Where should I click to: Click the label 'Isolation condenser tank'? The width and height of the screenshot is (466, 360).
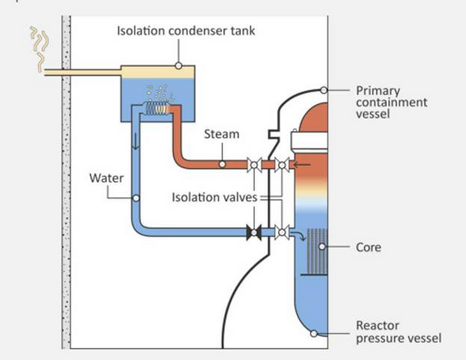coord(185,30)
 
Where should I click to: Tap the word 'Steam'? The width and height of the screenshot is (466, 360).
coord(221,134)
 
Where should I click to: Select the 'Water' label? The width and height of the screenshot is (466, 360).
coord(106,178)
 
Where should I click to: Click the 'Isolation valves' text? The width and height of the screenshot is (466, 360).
coord(214,197)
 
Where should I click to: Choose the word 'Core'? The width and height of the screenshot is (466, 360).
coord(368,247)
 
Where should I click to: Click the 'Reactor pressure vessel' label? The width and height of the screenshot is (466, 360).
coord(398,332)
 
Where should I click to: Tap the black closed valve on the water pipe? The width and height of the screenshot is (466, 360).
coord(254,232)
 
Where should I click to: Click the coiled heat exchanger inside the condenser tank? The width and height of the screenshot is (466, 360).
coord(156,108)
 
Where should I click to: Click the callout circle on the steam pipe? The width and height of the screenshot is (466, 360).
coord(222,164)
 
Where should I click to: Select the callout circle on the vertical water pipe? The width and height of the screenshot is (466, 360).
coord(135,198)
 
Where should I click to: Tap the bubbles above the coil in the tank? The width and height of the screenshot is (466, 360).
coord(159,92)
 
